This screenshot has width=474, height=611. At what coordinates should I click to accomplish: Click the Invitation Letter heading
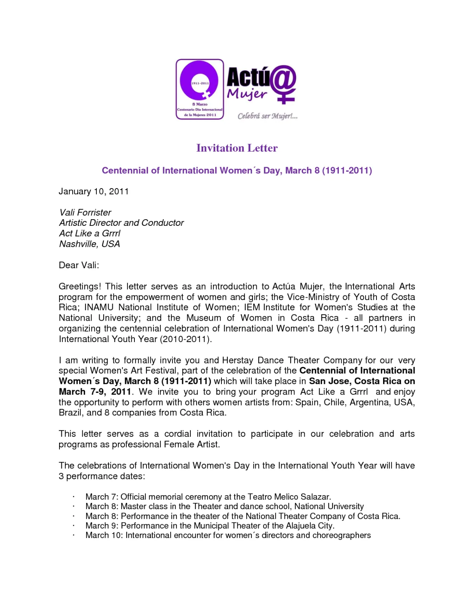(237, 148)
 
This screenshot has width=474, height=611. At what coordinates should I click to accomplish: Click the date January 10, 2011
(94, 191)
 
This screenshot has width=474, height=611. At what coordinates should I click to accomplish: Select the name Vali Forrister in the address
(85, 212)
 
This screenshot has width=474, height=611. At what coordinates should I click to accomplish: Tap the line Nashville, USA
(89, 244)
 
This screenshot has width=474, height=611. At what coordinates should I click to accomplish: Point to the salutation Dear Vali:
(79, 265)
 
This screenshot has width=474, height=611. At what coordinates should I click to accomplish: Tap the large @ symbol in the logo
(283, 79)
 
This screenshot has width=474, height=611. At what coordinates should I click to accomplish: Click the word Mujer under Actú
(247, 94)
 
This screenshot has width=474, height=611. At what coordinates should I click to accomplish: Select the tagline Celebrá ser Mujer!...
(267, 116)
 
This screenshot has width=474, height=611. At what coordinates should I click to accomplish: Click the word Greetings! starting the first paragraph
(80, 286)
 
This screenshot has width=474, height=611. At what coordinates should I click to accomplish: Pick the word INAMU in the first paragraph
(99, 307)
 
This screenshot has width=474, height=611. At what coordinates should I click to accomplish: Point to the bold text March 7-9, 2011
(95, 392)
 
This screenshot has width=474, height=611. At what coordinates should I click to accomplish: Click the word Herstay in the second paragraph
(237, 360)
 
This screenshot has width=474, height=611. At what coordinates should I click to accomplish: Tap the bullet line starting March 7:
(208, 497)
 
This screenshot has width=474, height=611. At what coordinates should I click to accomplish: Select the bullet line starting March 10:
(228, 535)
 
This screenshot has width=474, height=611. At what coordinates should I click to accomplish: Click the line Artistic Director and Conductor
(121, 223)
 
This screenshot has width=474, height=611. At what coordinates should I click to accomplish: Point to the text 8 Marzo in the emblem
(200, 105)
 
